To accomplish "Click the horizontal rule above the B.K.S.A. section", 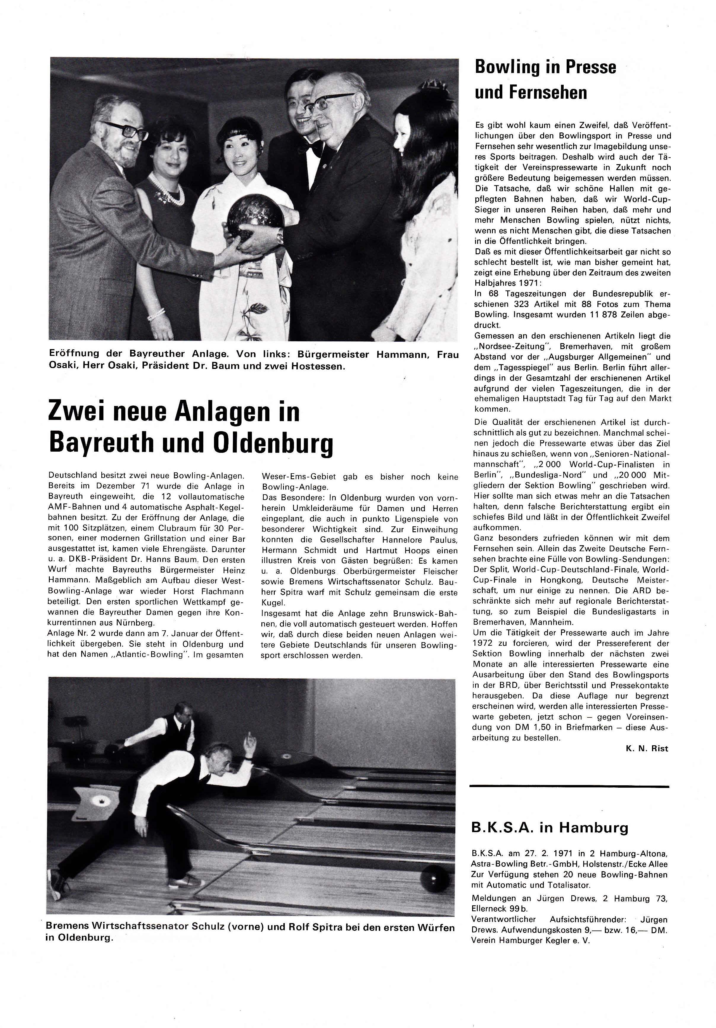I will point(569,786).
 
